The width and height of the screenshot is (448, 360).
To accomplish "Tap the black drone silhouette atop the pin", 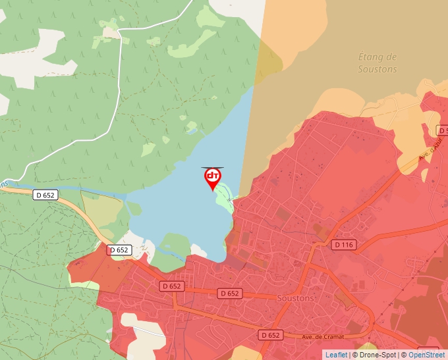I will [212, 168].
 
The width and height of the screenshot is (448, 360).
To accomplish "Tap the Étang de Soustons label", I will [378, 63].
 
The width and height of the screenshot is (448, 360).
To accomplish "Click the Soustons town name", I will [296, 297].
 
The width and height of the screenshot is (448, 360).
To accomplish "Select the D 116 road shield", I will [344, 245].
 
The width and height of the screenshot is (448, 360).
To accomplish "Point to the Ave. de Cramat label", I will [323, 336].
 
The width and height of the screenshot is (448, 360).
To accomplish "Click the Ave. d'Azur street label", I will [431, 152].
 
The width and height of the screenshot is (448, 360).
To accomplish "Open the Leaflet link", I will [336, 355].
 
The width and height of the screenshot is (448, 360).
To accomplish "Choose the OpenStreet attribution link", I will [426, 355].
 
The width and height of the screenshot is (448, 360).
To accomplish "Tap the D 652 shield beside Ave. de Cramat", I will [270, 335].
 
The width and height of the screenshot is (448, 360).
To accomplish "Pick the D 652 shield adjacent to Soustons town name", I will [230, 293].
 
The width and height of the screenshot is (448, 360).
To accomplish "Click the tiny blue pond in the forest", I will [213, 98].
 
